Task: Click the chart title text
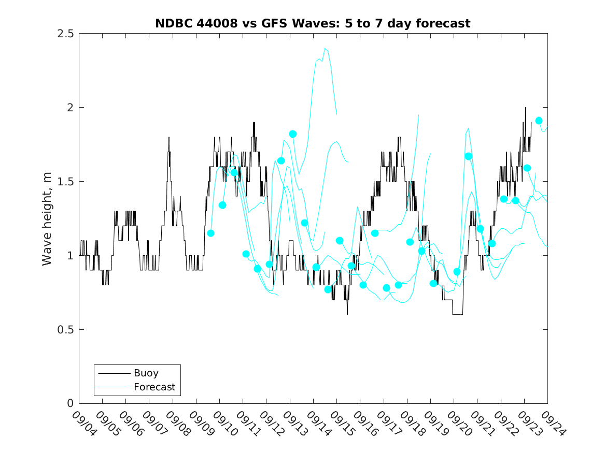tap(313, 23)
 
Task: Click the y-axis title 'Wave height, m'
tap(47, 218)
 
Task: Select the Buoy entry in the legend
tap(146, 373)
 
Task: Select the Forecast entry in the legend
tap(154, 387)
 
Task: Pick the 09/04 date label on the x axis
tap(82, 424)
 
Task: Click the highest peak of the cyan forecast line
tap(325, 49)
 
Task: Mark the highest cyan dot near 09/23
tap(539, 121)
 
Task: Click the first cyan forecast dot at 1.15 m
tap(210, 233)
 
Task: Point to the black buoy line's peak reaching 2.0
tap(525, 108)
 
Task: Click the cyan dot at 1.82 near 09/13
tap(293, 134)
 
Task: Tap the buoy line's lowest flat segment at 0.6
tap(457, 314)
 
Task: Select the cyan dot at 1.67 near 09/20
tap(468, 156)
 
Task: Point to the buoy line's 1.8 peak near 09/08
tap(168, 137)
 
